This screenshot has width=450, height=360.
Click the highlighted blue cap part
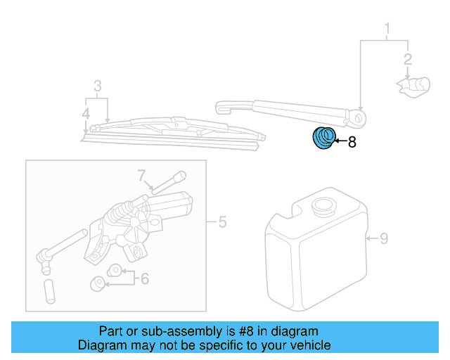click(x=323, y=138)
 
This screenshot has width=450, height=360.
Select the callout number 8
click(x=352, y=142)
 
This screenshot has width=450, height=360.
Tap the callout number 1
click(x=386, y=29)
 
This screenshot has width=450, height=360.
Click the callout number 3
click(x=98, y=86)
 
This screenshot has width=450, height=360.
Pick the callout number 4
click(x=85, y=113)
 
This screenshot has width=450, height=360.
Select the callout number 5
click(x=221, y=224)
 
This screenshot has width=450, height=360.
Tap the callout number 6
click(x=145, y=279)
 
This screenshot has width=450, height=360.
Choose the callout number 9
click(x=384, y=239)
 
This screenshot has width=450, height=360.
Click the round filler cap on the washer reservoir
click(x=324, y=207)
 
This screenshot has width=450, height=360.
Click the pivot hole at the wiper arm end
click(x=361, y=118)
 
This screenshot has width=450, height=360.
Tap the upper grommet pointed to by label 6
click(x=112, y=270)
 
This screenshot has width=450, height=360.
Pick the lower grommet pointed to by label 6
click(x=99, y=283)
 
